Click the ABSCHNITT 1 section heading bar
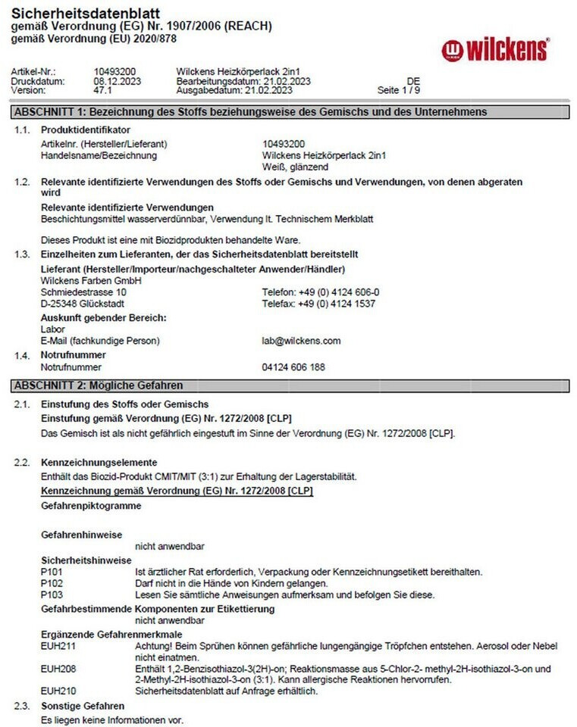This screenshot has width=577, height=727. coord(288,112)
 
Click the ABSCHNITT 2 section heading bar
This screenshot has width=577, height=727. coord(288,385)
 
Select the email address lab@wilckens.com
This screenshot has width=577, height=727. coord(301,341)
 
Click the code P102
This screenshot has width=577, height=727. coord(52,583)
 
